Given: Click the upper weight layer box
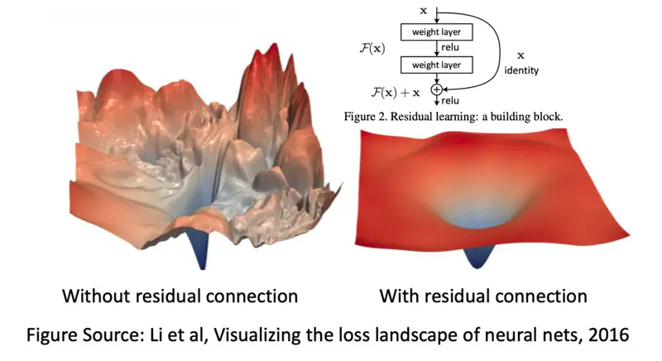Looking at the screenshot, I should [x=436, y=32].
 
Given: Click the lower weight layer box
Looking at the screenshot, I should [x=436, y=64].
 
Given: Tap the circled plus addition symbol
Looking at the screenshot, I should [x=437, y=88].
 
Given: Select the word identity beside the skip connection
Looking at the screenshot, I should [x=521, y=71].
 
